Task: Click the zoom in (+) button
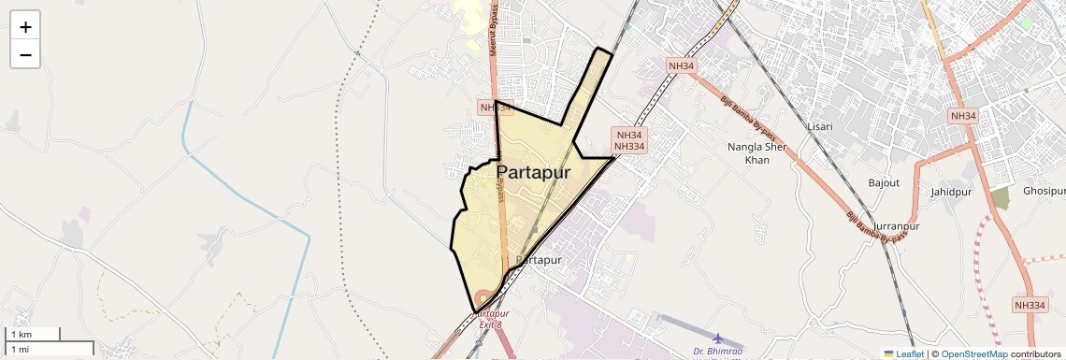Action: [25, 27]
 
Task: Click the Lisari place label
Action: [819, 126]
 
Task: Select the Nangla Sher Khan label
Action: [756, 153]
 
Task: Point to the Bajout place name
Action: [884, 182]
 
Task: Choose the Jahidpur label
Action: [951, 192]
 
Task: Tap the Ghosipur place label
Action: [1044, 191]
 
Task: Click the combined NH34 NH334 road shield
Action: [629, 140]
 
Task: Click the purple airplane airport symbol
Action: [717, 338]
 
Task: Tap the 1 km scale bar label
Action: [21, 335]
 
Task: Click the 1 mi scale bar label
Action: [21, 349]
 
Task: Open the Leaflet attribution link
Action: [903, 353]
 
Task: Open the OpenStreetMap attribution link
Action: [973, 353]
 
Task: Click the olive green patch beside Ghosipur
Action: [1001, 198]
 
